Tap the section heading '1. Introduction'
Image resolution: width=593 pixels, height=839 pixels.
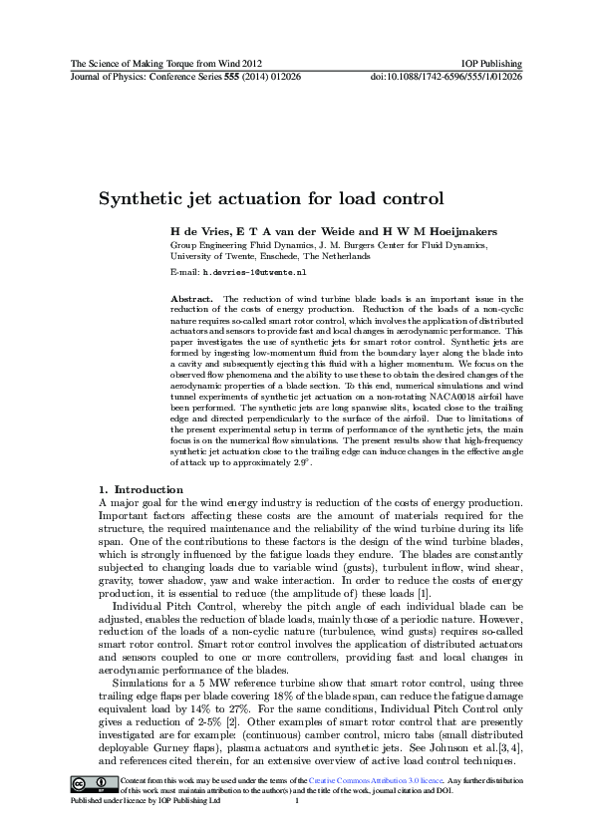tap(141, 489)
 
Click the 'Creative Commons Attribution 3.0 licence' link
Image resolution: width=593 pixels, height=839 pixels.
tap(321, 804)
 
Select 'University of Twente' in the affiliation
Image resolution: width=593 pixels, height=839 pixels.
tap(212, 256)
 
